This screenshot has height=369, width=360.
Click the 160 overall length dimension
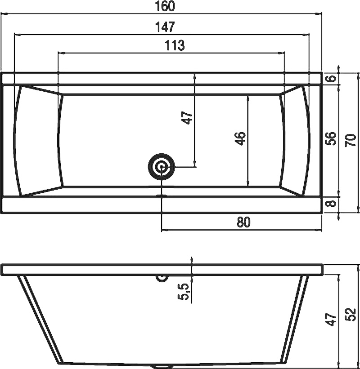[165, 6]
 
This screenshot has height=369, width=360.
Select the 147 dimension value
[165, 27]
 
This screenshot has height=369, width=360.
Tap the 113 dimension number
[174, 45]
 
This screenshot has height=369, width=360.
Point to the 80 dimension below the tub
[243, 222]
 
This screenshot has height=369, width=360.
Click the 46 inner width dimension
[240, 138]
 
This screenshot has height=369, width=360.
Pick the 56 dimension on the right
[331, 138]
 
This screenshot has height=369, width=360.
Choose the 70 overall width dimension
[351, 140]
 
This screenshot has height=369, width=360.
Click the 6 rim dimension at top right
[331, 78]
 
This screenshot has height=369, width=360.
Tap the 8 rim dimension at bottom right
[331, 203]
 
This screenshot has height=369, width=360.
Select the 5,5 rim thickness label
[184, 291]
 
